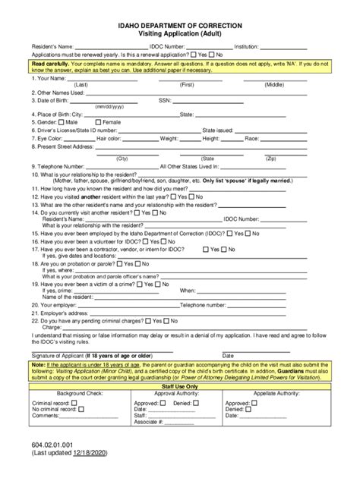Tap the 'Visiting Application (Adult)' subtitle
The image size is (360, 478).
click(180, 35)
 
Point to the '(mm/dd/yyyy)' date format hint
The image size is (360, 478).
click(111, 107)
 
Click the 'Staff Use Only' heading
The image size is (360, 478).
click(180, 386)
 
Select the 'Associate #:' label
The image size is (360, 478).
click(150, 423)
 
